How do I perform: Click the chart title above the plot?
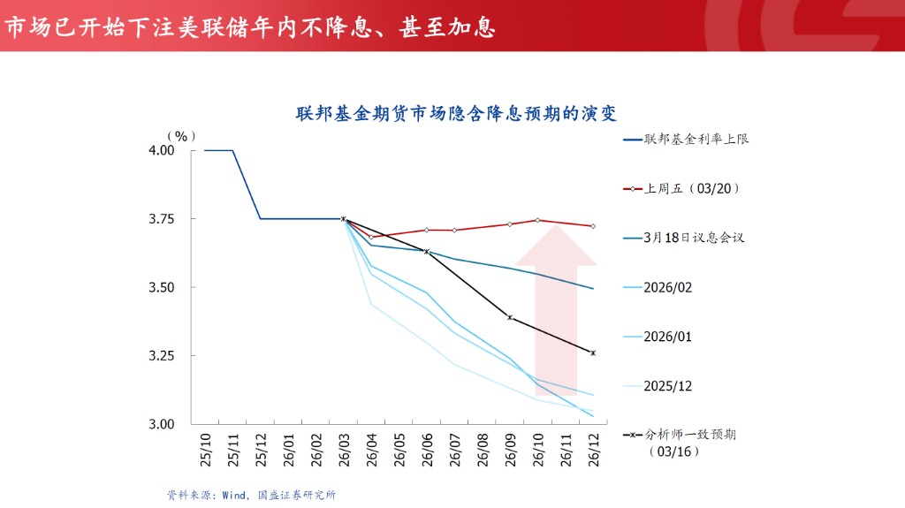[x=455, y=114]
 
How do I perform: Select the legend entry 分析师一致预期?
[x=690, y=435]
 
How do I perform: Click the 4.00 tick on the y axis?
[x=161, y=151]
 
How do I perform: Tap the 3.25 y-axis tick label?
[x=161, y=356]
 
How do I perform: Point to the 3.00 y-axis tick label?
[x=161, y=425]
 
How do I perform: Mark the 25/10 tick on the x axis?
[x=206, y=451]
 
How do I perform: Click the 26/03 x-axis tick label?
[x=344, y=451]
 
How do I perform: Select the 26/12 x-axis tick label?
[x=592, y=451]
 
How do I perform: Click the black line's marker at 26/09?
[x=509, y=317]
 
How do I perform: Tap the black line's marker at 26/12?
[x=592, y=353]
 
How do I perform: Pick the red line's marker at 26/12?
[x=592, y=226]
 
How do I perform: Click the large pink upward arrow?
[x=556, y=309]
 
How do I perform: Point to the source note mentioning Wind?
[x=251, y=495]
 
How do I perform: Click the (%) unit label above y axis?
[x=181, y=136]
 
